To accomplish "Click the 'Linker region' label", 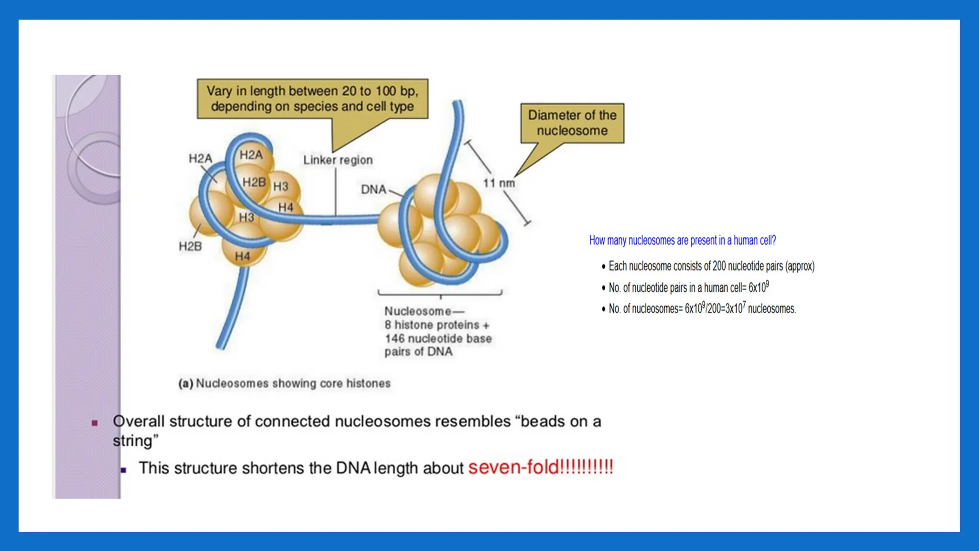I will click(337, 160).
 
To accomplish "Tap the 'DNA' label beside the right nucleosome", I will click(373, 189).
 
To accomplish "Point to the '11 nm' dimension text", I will click(499, 183).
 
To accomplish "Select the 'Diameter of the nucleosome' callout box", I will click(572, 123).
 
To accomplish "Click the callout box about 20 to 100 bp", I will click(312, 99).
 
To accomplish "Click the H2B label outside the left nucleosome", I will click(190, 246).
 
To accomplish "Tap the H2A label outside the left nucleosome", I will click(200, 158).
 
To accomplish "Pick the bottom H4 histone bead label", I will click(242, 256).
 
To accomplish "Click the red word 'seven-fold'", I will click(513, 467).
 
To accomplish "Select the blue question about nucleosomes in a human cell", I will click(682, 240).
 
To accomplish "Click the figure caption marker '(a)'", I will click(185, 384).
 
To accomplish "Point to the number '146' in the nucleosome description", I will click(394, 339).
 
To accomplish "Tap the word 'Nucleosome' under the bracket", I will click(417, 311).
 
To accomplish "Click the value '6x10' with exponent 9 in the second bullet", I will click(757, 288).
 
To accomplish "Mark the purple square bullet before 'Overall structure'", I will click(95, 423).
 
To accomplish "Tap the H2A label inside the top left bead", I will click(251, 155).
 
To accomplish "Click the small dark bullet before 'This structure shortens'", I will click(123, 470).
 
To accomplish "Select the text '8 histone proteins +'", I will click(436, 325).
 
